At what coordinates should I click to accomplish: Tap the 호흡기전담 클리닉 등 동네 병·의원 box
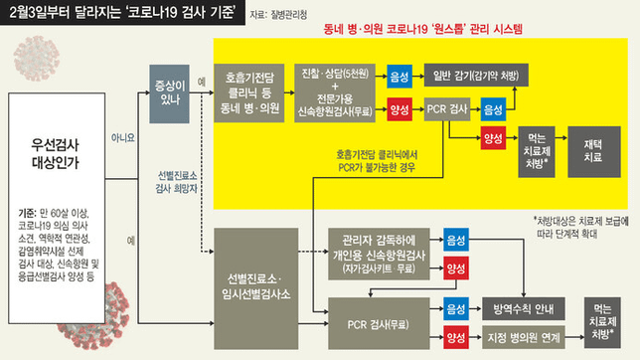pyautogui.click(x=251, y=90)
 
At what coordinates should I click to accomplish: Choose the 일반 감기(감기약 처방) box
pyautogui.click(x=475, y=76)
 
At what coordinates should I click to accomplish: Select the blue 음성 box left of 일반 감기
pyautogui.click(x=401, y=76)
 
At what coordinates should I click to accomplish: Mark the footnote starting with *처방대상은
pyautogui.click(x=581, y=226)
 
